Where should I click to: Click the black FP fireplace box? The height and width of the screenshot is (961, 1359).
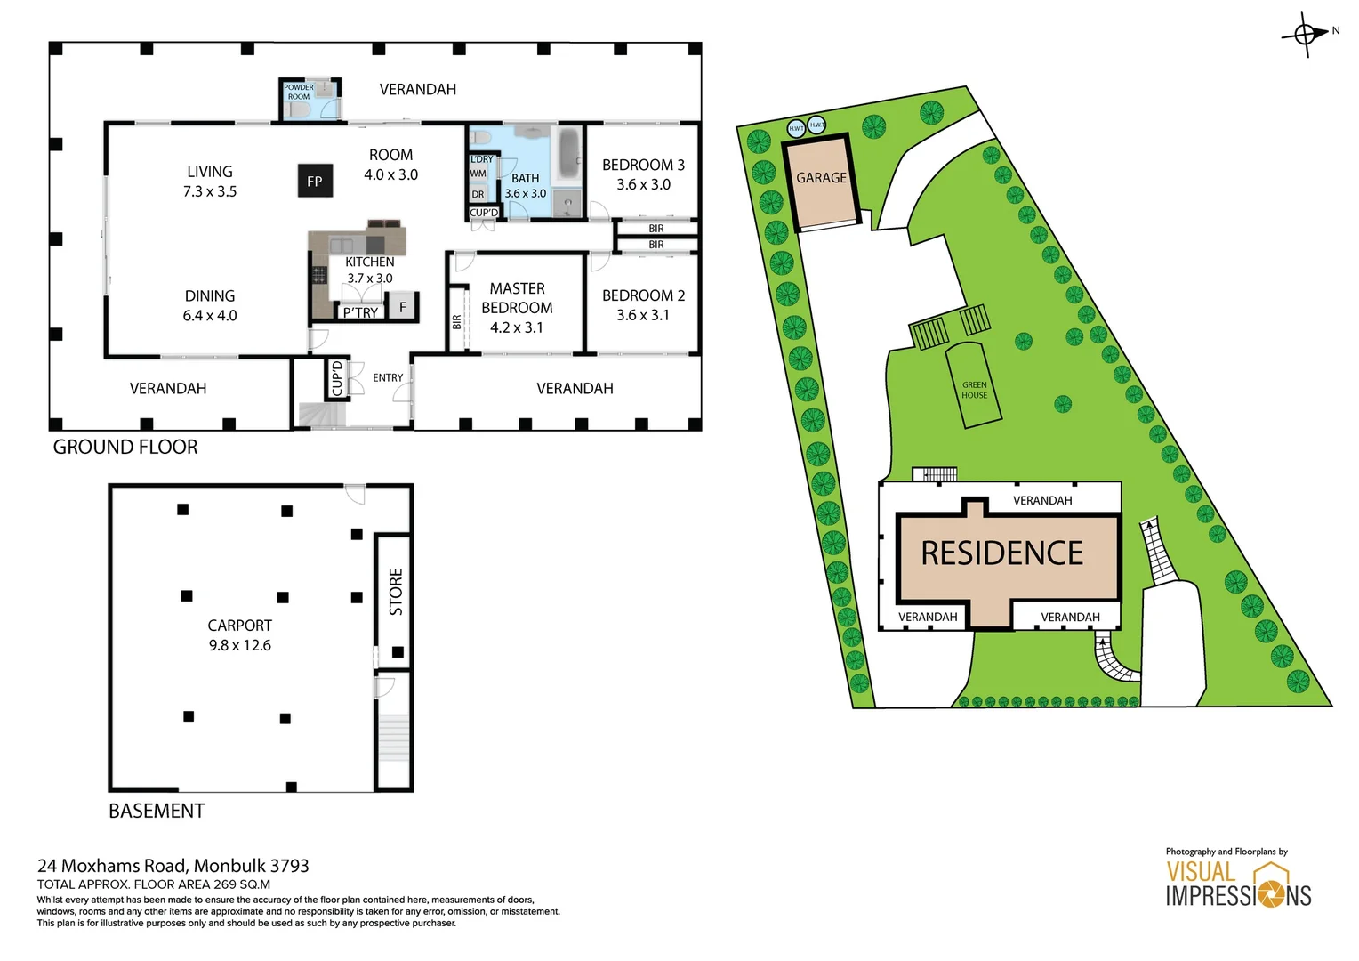click(314, 181)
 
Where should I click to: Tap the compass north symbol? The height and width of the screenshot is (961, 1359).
click(1305, 35)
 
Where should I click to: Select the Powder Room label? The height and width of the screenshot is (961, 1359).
click(298, 92)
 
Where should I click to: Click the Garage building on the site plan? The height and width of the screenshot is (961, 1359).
click(822, 182)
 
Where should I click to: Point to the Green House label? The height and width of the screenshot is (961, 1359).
click(974, 391)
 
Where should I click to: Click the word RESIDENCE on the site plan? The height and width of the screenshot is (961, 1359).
click(1001, 553)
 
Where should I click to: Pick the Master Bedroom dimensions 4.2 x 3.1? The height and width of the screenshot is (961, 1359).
click(516, 327)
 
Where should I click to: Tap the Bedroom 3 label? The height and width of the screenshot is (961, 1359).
click(643, 165)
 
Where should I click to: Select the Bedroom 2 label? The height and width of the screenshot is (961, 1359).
click(643, 295)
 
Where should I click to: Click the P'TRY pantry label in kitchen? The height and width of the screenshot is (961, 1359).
click(360, 312)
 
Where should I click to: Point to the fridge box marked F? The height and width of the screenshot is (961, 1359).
click(403, 307)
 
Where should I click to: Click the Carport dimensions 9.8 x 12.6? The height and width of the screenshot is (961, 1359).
click(239, 645)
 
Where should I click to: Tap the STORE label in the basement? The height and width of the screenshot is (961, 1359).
click(396, 592)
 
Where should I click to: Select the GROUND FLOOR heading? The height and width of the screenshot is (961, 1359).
click(125, 447)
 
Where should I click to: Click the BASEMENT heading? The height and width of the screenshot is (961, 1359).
click(157, 811)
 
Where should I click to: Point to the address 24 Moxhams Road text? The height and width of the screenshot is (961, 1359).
click(173, 865)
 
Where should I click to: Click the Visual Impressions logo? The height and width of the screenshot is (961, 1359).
click(1238, 884)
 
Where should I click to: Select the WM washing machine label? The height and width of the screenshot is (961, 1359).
click(478, 174)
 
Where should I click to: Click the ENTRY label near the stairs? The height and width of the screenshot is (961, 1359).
click(388, 378)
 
